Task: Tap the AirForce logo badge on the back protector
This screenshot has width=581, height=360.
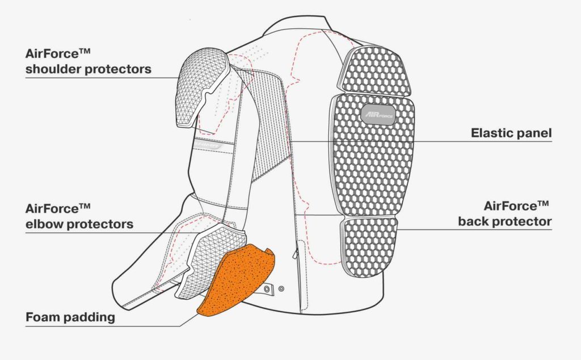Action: [377, 114]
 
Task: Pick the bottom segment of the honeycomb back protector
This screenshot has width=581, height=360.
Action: [369, 246]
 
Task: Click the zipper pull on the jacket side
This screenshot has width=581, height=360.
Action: [294, 256]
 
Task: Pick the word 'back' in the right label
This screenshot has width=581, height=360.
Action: [475, 221]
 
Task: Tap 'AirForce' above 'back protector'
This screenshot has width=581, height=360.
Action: [510, 206]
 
